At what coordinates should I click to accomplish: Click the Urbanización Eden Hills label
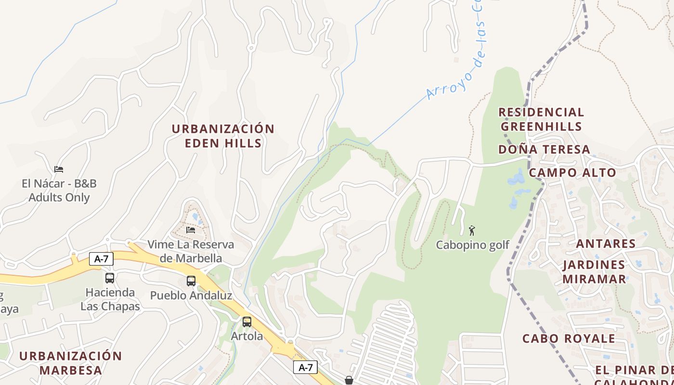223,136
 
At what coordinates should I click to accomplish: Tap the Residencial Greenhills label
541,119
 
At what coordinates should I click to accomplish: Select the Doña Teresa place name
544,150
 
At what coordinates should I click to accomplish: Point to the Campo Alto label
572,173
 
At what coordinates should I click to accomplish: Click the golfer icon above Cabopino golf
472,230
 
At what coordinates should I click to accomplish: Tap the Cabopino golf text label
472,245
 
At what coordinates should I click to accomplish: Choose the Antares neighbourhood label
606,244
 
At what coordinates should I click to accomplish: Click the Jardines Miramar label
594,272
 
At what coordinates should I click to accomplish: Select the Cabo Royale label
569,338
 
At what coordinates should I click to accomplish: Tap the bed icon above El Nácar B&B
59,169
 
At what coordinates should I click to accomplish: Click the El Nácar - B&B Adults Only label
59,191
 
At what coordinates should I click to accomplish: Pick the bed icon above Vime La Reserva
191,230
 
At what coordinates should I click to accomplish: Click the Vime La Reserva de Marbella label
191,251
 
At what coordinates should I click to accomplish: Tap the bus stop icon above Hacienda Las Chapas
110,278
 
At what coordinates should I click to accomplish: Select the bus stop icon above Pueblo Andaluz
191,281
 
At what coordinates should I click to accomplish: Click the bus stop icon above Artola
247,322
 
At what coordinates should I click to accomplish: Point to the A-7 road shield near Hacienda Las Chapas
101,259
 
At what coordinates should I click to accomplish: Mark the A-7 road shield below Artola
305,368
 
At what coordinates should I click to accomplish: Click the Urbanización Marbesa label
70,363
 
